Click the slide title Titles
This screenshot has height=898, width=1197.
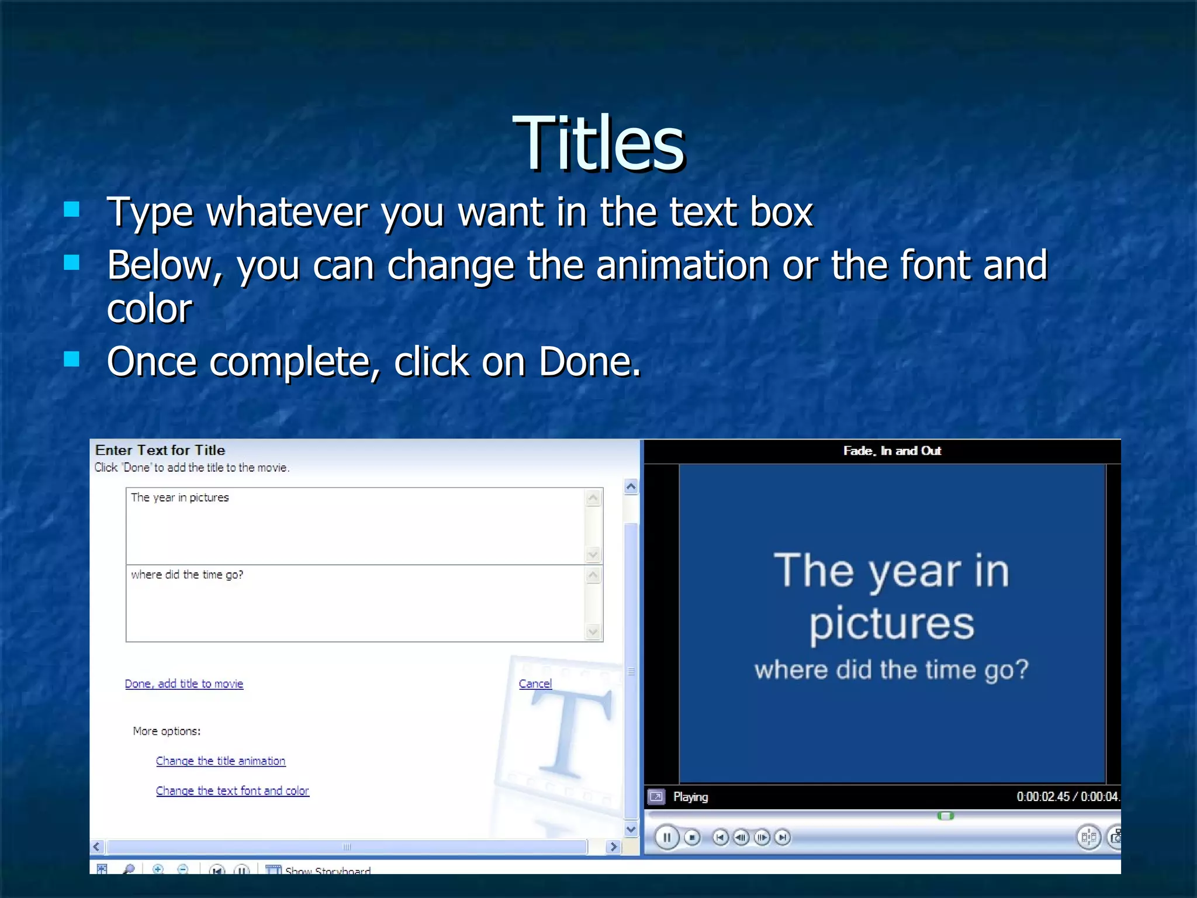click(598, 143)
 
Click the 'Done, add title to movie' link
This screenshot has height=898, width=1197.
click(184, 683)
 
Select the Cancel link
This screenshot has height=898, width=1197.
click(535, 683)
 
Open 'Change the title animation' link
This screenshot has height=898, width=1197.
click(220, 761)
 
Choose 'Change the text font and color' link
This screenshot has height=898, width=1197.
click(232, 790)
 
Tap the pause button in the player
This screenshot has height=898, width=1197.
click(666, 837)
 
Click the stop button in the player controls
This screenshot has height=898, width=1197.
click(692, 837)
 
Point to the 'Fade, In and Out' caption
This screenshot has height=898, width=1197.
click(892, 451)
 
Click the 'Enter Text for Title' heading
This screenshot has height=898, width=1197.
click(160, 450)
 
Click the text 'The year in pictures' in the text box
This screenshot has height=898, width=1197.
click(180, 498)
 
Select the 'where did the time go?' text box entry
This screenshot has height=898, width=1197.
click(187, 575)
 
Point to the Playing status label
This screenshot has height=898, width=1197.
click(690, 797)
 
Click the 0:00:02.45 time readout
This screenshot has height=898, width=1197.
click(1043, 797)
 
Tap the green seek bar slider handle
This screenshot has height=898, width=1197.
click(945, 816)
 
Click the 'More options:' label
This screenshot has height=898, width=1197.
click(167, 731)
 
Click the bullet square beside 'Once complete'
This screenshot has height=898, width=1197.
click(71, 359)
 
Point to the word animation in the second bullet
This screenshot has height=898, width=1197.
click(682, 265)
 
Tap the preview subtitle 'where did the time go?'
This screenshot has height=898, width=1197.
click(891, 670)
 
